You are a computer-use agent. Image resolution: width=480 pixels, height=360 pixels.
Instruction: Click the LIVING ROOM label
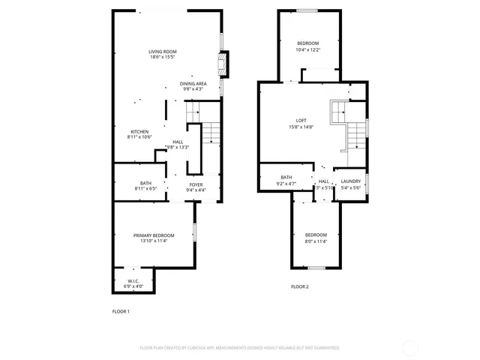(x=163, y=51)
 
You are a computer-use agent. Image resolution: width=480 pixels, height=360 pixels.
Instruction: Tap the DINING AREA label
(x=193, y=83)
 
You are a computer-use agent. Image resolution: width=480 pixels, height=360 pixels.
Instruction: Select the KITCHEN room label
(x=140, y=131)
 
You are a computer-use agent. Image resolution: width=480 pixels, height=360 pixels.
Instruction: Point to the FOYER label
(x=196, y=184)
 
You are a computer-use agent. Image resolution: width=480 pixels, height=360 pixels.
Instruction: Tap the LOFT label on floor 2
(x=300, y=121)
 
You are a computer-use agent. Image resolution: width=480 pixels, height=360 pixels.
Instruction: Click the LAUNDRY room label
(x=351, y=181)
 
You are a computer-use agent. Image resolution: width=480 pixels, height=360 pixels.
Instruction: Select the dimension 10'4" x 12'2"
(x=307, y=49)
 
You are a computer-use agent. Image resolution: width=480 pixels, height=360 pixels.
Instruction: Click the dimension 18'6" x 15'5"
(x=163, y=57)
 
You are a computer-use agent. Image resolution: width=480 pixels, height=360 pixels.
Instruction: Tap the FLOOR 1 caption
(x=121, y=311)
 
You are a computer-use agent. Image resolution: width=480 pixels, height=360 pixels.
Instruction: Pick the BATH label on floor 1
(x=145, y=184)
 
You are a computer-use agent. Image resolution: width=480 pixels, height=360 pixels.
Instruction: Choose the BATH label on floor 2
(x=286, y=177)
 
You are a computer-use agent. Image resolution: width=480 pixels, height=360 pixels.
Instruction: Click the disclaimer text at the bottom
(x=239, y=348)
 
